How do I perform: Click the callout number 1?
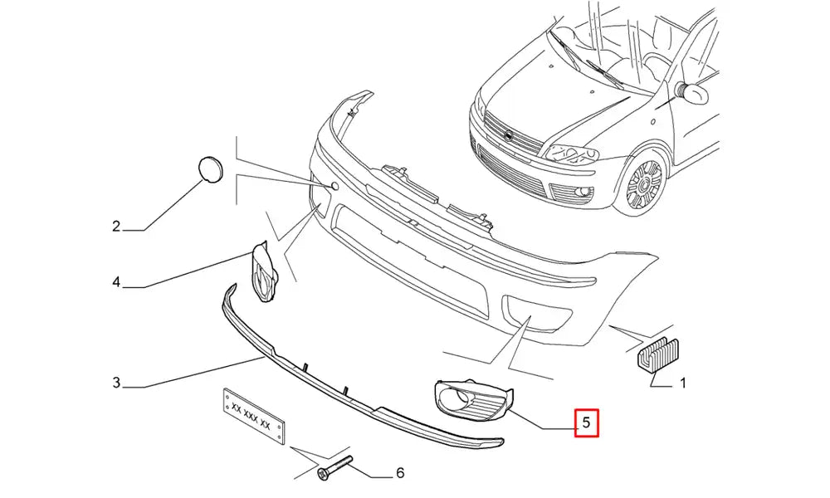pos(682,384)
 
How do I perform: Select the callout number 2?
pos(116,226)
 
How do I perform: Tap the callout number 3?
pos(116,383)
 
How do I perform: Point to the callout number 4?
pos(116,283)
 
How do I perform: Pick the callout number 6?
pos(400,473)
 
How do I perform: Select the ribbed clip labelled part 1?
pos(657,354)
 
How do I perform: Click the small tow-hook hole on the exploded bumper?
pos(334,186)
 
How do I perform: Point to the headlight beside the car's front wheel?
pos(572,153)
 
